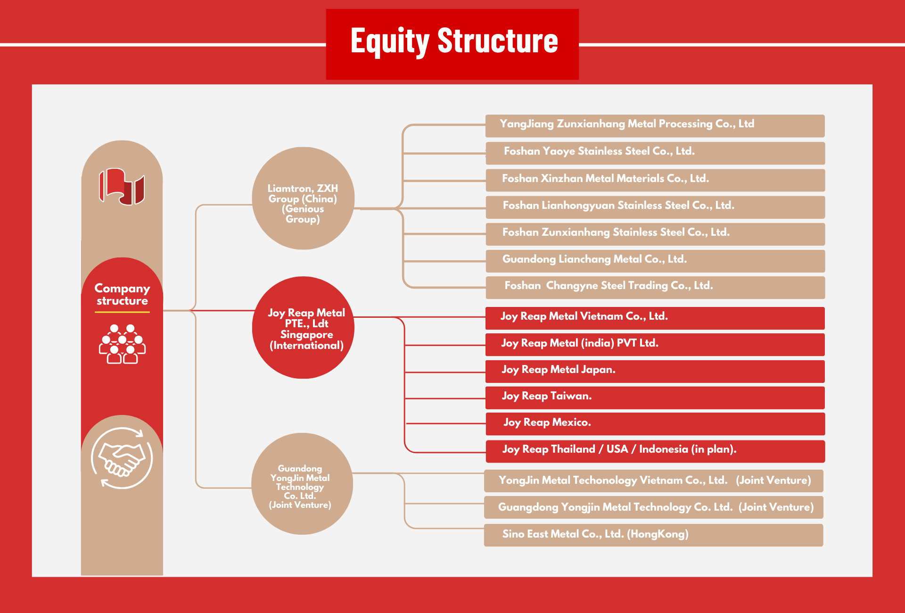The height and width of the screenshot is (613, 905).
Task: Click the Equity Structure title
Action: [x=454, y=41]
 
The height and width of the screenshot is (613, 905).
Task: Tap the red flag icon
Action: [x=122, y=187]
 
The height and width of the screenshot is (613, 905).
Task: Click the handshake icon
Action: [x=122, y=458]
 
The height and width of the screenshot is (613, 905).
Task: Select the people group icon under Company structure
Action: [x=122, y=344]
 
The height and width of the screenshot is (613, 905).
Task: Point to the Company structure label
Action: [x=122, y=294]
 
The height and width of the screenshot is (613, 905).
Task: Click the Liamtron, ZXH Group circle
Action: [x=303, y=198]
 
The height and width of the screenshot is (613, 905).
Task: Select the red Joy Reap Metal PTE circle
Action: [x=303, y=328]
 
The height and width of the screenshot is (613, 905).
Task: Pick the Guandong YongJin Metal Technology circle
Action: [x=302, y=484]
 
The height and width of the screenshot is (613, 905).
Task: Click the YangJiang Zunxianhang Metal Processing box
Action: [x=655, y=126]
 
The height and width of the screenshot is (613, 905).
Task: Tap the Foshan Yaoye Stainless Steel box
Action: [x=655, y=153]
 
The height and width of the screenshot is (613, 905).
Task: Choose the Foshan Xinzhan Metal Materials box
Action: [x=655, y=180]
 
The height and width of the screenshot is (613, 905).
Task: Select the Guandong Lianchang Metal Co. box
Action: [x=655, y=261]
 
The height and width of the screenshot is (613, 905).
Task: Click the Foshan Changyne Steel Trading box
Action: [x=655, y=288]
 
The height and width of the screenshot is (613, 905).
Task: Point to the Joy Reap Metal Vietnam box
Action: [x=655, y=318]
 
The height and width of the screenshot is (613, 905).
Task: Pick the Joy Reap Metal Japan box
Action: [x=655, y=372]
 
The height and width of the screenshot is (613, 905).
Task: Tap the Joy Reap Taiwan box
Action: [x=655, y=398]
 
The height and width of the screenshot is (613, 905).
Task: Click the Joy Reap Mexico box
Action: [x=655, y=424]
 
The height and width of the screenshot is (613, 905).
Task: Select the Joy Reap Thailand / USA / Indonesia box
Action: [x=655, y=451]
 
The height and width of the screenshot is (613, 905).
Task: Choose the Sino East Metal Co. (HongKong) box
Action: [x=654, y=535]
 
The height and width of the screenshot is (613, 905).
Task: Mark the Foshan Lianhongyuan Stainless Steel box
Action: [x=655, y=207]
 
